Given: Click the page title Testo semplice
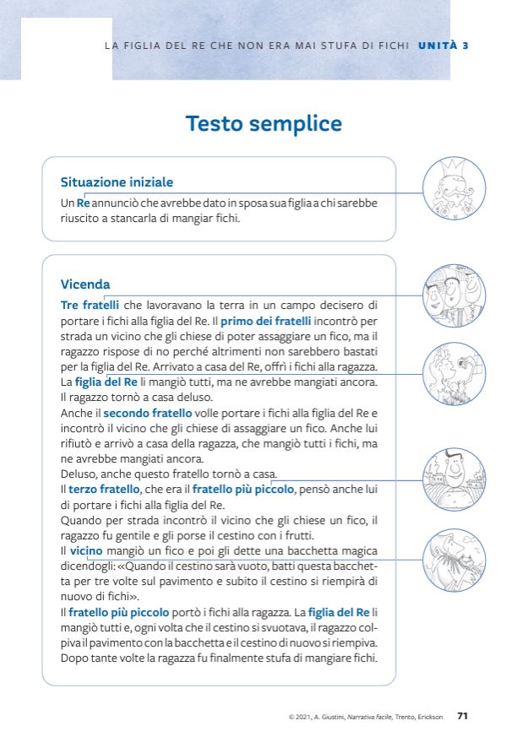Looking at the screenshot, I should click(x=264, y=124).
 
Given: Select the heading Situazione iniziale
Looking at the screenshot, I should click(x=117, y=181).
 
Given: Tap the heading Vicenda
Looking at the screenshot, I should click(x=85, y=284).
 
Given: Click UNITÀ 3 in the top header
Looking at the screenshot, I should click(x=444, y=45).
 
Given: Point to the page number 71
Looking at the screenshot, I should click(x=462, y=716).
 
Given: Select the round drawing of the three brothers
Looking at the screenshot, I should click(x=454, y=296).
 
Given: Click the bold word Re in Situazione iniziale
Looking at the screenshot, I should click(x=83, y=203).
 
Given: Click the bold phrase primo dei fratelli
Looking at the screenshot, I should click(x=266, y=321).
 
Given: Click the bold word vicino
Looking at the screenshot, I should click(x=86, y=550).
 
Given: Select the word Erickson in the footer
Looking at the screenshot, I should click(x=429, y=717).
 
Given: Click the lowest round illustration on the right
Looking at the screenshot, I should click(x=454, y=559).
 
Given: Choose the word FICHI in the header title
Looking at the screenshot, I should click(x=393, y=45).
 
